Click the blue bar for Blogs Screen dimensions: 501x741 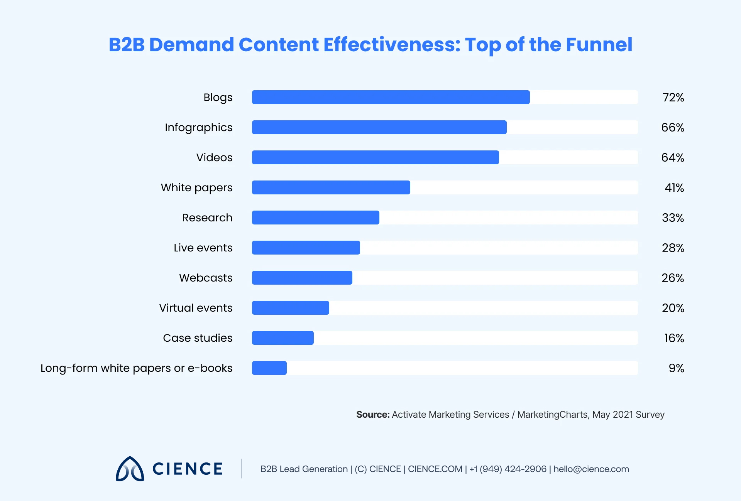(391, 97)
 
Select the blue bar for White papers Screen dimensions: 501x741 (331, 187)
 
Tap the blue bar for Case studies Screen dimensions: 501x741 (283, 338)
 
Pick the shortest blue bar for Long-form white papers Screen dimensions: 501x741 (269, 368)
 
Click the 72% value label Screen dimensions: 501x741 (673, 98)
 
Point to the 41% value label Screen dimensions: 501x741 (674, 188)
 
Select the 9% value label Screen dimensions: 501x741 (676, 368)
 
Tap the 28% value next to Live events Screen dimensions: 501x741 (673, 248)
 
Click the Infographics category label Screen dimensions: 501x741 (198, 128)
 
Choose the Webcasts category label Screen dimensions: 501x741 (206, 278)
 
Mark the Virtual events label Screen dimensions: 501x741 (196, 308)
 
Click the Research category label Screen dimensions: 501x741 (207, 218)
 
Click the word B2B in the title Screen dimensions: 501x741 (126, 45)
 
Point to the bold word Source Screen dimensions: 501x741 (372, 415)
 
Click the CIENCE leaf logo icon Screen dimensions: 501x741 (130, 469)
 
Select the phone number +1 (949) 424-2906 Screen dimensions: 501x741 (508, 469)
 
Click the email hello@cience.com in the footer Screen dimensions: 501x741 (591, 469)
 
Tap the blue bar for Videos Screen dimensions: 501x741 (375, 157)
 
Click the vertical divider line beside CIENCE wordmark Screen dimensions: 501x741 (241, 469)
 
